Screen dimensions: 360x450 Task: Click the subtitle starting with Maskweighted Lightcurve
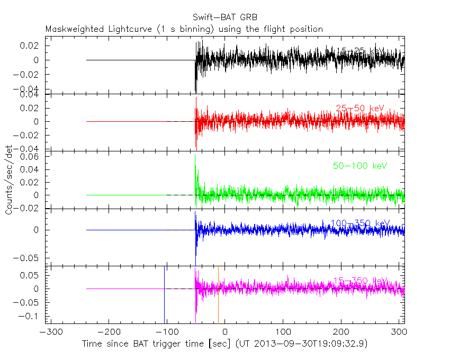tap(184, 29)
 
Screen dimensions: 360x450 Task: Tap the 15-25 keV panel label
tap(359, 51)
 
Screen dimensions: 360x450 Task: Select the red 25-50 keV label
tap(359, 109)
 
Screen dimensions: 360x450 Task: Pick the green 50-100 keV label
tap(360, 166)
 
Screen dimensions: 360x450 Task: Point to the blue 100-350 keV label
tap(360, 223)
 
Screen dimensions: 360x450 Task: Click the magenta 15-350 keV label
tap(360, 281)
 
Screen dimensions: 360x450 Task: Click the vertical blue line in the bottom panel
tap(164, 294)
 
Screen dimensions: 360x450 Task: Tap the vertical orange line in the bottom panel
tap(218, 294)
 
